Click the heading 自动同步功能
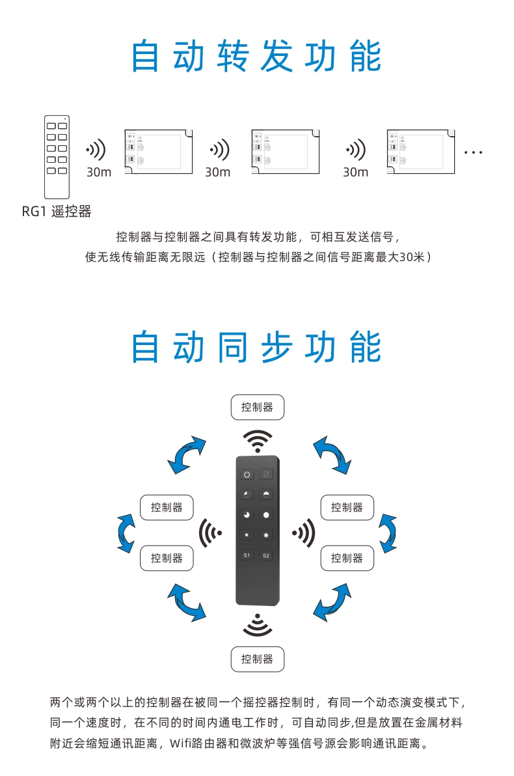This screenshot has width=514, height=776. [x=256, y=347]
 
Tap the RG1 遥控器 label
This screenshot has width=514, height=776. [x=57, y=212]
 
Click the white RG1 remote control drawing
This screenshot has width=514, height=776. [x=57, y=157]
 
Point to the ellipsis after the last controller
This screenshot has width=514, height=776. [x=473, y=152]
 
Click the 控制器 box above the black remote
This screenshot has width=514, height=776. [x=257, y=408]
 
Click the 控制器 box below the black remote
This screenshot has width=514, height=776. [x=257, y=659]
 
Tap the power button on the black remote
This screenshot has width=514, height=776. [x=247, y=474]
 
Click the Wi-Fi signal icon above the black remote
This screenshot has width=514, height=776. [x=258, y=441]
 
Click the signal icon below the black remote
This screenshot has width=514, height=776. [x=258, y=625]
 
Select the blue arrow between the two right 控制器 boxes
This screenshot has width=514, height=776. [x=388, y=533]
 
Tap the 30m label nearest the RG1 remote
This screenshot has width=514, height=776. [x=99, y=172]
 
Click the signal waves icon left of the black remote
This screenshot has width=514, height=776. [x=209, y=533]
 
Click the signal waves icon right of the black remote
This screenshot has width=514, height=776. [x=304, y=533]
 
